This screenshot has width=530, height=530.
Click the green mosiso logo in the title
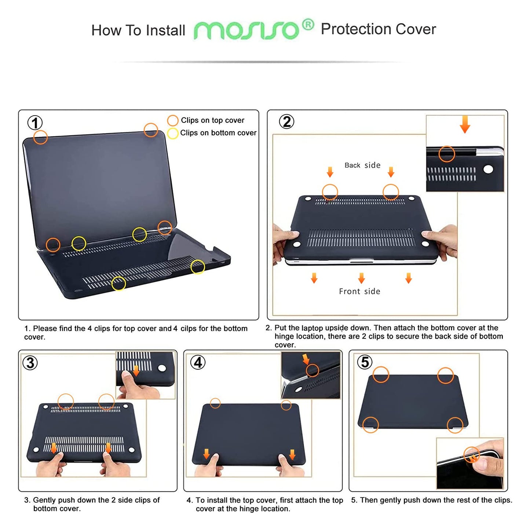click(x=246, y=30)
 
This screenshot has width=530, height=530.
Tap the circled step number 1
click(x=35, y=123)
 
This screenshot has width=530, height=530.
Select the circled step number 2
click(x=286, y=121)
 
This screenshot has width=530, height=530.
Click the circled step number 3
click(x=30, y=363)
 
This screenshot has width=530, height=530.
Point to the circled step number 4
click(x=198, y=362)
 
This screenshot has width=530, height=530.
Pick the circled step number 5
click(x=365, y=362)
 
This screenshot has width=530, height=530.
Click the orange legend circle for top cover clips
click(x=173, y=120)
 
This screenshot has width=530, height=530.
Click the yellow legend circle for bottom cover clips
click(x=173, y=133)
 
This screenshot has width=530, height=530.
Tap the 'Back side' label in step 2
click(x=362, y=165)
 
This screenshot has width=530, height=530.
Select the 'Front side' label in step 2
click(x=359, y=292)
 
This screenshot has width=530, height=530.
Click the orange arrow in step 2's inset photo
click(x=465, y=124)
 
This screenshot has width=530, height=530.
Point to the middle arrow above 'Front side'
click(x=361, y=278)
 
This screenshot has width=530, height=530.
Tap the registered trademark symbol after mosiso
click(x=308, y=25)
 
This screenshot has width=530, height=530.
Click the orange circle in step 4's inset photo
click(x=312, y=370)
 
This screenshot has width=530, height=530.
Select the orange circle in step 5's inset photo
click(x=471, y=455)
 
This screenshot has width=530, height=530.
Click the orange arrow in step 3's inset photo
click(x=136, y=370)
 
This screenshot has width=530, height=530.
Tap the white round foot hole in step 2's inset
click(x=488, y=169)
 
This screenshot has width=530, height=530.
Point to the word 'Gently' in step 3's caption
click(x=45, y=500)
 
